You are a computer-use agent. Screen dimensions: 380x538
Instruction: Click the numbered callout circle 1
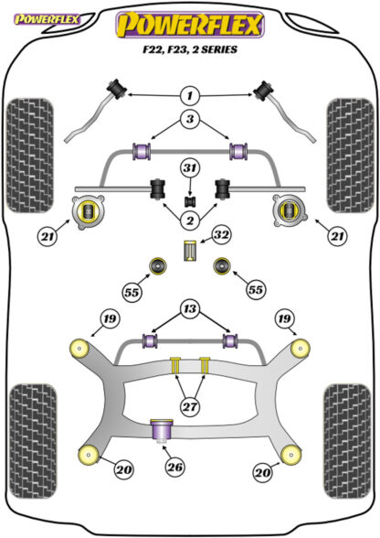tap(189, 96)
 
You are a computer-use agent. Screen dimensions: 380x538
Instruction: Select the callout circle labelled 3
tap(189, 119)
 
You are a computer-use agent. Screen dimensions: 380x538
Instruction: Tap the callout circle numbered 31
tap(190, 168)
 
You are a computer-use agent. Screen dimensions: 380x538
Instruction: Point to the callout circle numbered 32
tap(222, 235)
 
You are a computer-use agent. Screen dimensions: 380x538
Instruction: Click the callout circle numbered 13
tap(190, 309)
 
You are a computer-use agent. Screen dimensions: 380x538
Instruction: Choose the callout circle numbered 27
tap(190, 407)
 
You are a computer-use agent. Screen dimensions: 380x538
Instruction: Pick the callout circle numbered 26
tap(174, 467)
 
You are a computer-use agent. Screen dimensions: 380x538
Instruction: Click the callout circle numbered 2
tap(189, 221)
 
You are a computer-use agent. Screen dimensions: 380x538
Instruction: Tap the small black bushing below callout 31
tap(190, 201)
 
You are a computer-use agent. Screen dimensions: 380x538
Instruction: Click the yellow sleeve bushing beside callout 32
tap(190, 251)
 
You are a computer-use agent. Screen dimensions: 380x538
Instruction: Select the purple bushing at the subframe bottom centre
tap(162, 432)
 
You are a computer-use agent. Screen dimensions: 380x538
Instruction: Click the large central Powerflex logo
tap(190, 25)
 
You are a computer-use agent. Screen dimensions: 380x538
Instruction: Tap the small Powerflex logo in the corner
tap(47, 19)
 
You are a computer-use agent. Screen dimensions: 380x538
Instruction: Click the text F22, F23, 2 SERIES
tap(190, 49)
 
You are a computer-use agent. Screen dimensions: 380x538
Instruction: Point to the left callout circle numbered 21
tap(48, 236)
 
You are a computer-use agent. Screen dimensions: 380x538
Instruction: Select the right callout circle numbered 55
tap(256, 290)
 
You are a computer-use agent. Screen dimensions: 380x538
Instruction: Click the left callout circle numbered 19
tap(110, 319)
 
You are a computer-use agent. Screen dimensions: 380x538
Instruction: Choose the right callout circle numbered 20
tap(263, 473)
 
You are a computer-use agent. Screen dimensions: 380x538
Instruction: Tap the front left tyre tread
tap(30, 156)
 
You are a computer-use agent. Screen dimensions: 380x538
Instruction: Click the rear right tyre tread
tap(347, 442)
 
